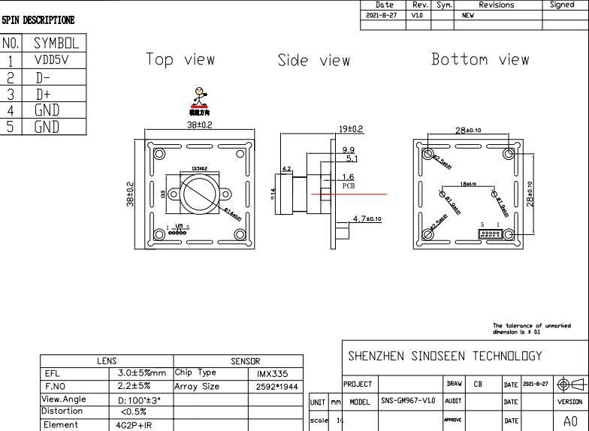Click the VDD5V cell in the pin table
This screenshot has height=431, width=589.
tap(51, 61)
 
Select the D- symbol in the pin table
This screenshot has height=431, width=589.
tap(43, 77)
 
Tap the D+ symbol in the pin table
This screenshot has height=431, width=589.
tap(43, 94)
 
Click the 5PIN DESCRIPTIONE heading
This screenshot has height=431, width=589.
tap(38, 20)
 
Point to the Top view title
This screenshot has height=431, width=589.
tap(180, 59)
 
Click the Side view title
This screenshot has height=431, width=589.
tap(313, 60)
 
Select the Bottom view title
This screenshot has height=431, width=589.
tap(479, 59)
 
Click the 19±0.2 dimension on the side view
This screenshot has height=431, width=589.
tap(351, 129)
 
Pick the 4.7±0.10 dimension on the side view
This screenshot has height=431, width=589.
tap(367, 219)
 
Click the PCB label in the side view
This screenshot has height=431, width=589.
tap(349, 185)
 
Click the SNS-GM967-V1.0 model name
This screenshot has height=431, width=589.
tap(408, 402)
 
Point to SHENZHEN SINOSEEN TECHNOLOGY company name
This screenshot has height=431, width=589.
tap(444, 356)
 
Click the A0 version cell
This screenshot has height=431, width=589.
tap(570, 421)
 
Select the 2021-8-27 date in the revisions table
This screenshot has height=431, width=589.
tap(382, 15)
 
